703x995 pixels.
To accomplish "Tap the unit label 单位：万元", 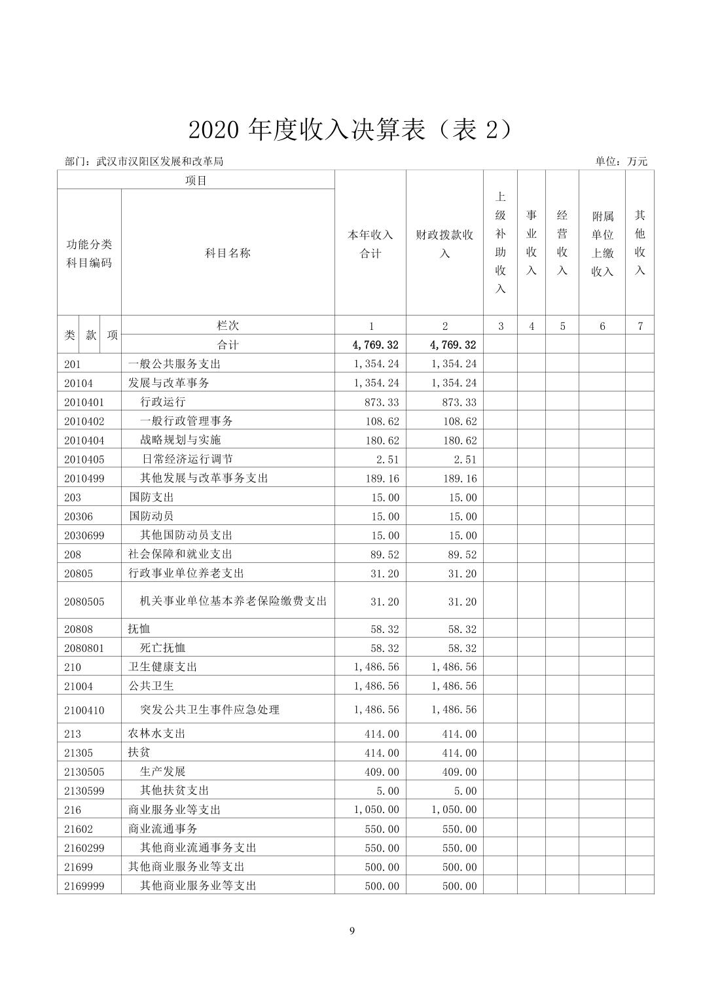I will pyautogui.click(x=621, y=161).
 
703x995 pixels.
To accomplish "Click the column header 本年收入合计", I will pyautogui.click(x=370, y=244).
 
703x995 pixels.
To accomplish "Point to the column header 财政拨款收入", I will pyautogui.click(x=444, y=244).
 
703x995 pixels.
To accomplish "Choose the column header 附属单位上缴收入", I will pyautogui.click(x=602, y=244).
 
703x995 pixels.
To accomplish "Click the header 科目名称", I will pyautogui.click(x=228, y=253).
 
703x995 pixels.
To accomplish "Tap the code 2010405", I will pyautogui.click(x=84, y=460).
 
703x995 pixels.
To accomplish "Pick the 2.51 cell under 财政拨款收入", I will pyautogui.click(x=465, y=460).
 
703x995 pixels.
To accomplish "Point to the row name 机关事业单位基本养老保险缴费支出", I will pyautogui.click(x=233, y=601).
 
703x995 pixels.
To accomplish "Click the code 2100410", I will pyautogui.click(x=84, y=710).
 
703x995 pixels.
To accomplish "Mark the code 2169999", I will pyautogui.click(x=84, y=886).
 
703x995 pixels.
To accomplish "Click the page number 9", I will pyautogui.click(x=352, y=931).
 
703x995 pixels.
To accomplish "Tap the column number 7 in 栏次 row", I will pyautogui.click(x=640, y=326).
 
